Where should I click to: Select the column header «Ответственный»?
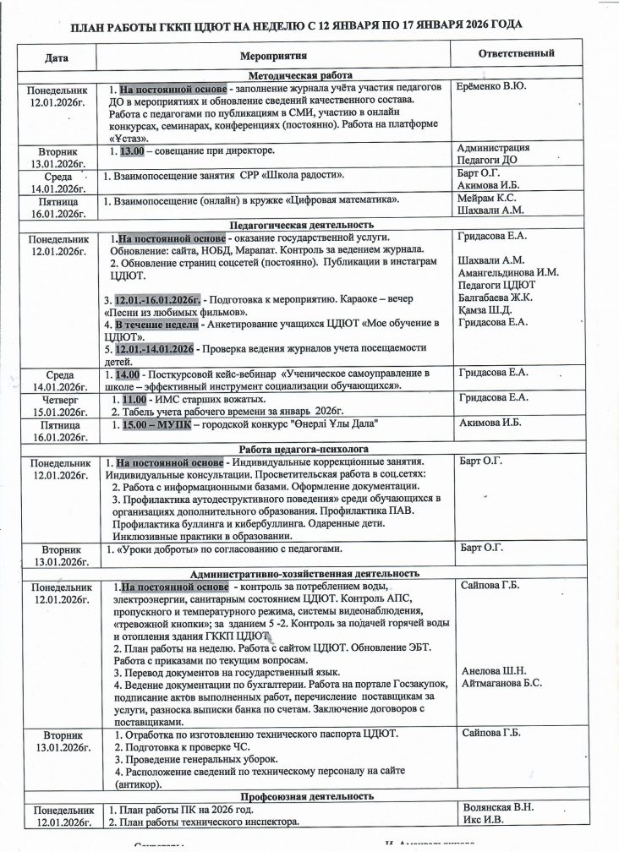516,53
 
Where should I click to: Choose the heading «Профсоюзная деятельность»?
305,796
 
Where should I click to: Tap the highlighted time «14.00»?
127,374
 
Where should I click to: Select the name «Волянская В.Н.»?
498,807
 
